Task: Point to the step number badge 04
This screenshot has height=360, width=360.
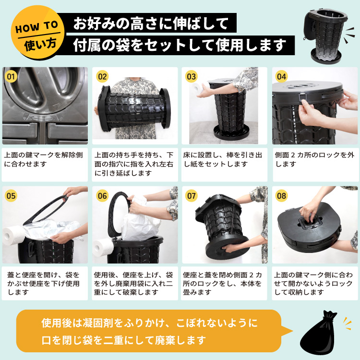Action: tap(281, 76)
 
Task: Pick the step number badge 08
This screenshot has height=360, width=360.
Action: tap(281, 196)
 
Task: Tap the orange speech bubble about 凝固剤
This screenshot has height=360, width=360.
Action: tap(149, 331)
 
